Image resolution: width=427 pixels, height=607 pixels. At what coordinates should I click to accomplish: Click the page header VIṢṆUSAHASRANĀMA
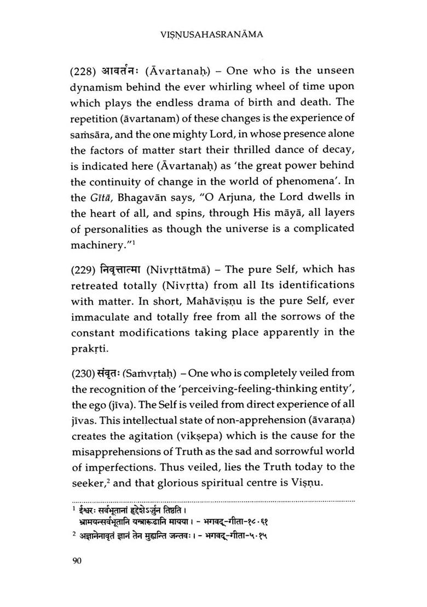pos(213,35)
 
